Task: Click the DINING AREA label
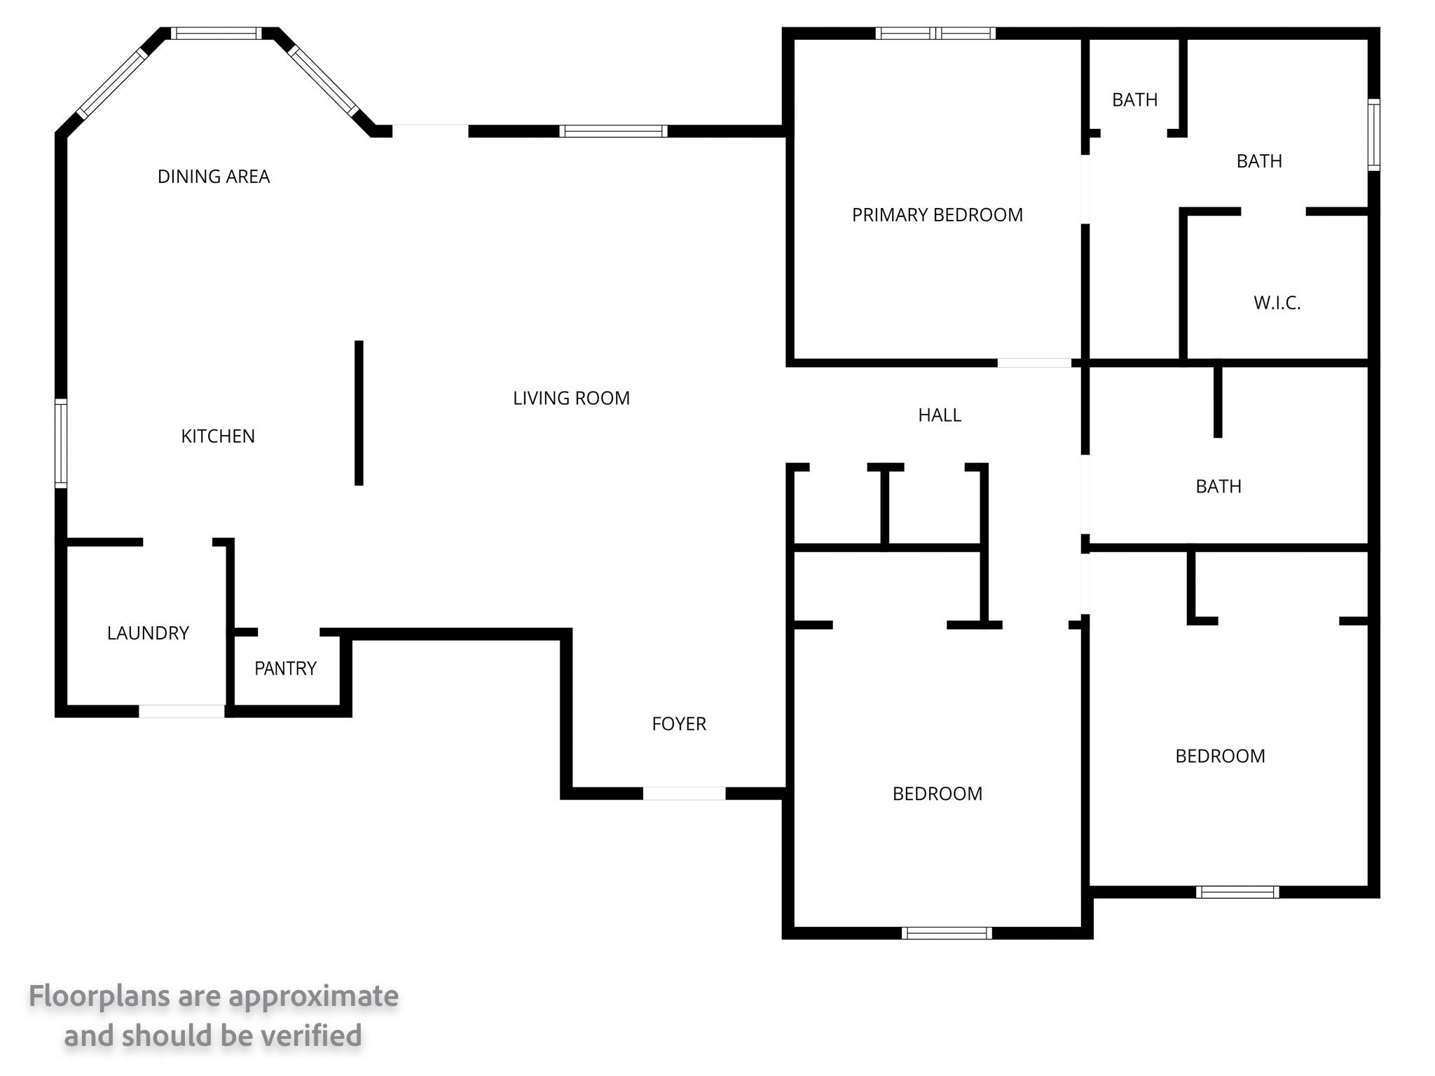tap(214, 177)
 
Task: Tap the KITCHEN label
tap(218, 436)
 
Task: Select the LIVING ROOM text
tap(571, 399)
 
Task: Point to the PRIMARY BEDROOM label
tap(938, 215)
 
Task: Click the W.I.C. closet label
tap(1277, 303)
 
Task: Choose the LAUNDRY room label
tap(148, 633)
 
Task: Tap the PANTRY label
tap(285, 668)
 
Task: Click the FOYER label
tap(679, 724)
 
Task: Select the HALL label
tap(940, 415)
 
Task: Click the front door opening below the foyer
tap(684, 794)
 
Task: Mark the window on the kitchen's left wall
tap(61, 443)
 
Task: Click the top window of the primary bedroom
tap(935, 33)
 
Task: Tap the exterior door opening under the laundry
tap(181, 712)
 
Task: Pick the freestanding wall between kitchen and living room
tap(359, 413)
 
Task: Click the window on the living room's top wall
tap(613, 131)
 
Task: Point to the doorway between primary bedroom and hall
tap(1034, 363)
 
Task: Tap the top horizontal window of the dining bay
tap(216, 33)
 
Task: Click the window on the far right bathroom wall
tap(1374, 135)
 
